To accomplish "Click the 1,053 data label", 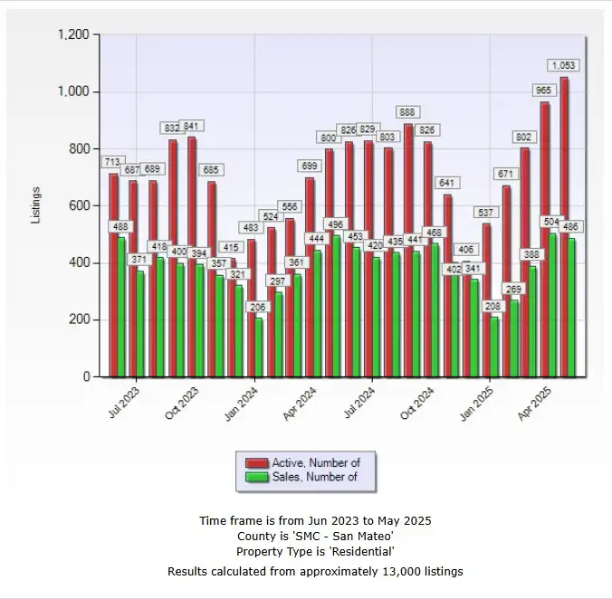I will [x=563, y=65].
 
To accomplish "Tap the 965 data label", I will [x=545, y=90].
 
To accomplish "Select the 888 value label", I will [x=407, y=112].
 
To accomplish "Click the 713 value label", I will [x=112, y=162].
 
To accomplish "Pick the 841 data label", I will [x=192, y=126].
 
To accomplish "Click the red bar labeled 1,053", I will [x=564, y=226].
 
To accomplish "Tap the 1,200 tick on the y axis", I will [x=73, y=34].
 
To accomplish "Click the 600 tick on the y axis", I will [x=80, y=205].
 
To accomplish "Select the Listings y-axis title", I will [x=36, y=205].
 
